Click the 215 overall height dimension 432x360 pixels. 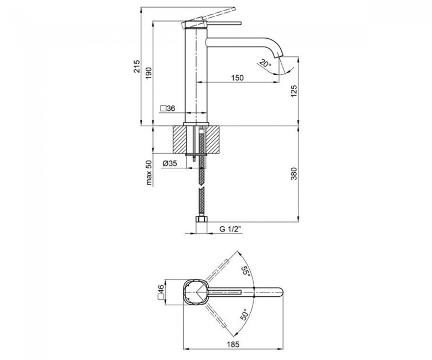pos(137,66)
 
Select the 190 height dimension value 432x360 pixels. pos(149,73)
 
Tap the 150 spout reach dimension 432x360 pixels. pos(237,78)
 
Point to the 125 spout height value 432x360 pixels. pos(294,91)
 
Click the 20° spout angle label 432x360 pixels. pos(265,64)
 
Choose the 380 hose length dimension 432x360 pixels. pos(294,173)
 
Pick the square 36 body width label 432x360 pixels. pos(168,109)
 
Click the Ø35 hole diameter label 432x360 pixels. pos(169,163)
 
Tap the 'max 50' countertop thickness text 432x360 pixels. pos(149,172)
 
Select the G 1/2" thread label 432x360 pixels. pos(230,229)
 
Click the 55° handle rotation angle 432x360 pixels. pos(246,272)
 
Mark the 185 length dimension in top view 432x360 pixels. pos(233,344)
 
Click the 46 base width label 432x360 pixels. pos(161,292)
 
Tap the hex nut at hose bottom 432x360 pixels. pos(202,219)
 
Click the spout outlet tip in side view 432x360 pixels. pos(278,56)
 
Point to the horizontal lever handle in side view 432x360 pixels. pos(223,23)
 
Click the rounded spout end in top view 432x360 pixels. pos(280,292)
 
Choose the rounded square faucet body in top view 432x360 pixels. pos(196,292)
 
